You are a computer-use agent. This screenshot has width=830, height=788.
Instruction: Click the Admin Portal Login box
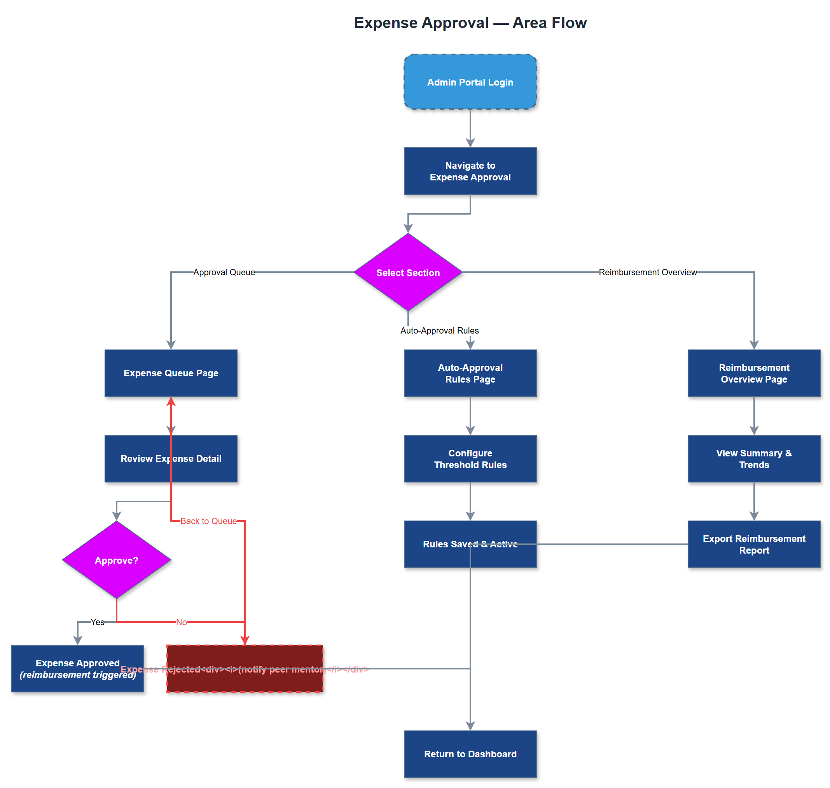[470, 82]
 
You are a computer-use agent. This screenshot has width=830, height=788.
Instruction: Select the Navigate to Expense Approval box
[470, 171]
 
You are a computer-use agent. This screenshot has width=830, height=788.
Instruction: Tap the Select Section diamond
[407, 272]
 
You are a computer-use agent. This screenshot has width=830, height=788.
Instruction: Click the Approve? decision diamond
[116, 560]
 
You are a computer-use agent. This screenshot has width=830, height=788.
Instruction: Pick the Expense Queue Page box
[171, 373]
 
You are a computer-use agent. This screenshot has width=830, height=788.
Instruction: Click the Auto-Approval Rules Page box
[470, 373]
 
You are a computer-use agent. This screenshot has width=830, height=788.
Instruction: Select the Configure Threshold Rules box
[470, 458]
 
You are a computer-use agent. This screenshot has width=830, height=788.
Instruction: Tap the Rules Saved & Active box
[441, 554]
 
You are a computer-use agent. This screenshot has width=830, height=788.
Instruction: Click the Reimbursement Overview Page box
[753, 373]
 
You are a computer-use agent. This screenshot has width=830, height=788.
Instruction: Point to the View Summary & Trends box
[753, 458]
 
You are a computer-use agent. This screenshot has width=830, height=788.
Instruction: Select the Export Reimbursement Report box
[753, 544]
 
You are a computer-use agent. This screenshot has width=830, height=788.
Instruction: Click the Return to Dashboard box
[470, 753]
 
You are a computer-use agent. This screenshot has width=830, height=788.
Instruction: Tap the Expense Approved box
[77, 668]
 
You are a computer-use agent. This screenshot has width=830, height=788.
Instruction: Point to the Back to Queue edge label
[208, 521]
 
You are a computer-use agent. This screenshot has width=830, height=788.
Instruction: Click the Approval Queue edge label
[224, 272]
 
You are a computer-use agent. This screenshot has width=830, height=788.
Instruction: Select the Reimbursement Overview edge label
[647, 272]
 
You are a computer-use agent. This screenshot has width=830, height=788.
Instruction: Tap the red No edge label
[181, 622]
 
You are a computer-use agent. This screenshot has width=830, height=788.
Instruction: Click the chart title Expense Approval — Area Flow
[470, 23]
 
